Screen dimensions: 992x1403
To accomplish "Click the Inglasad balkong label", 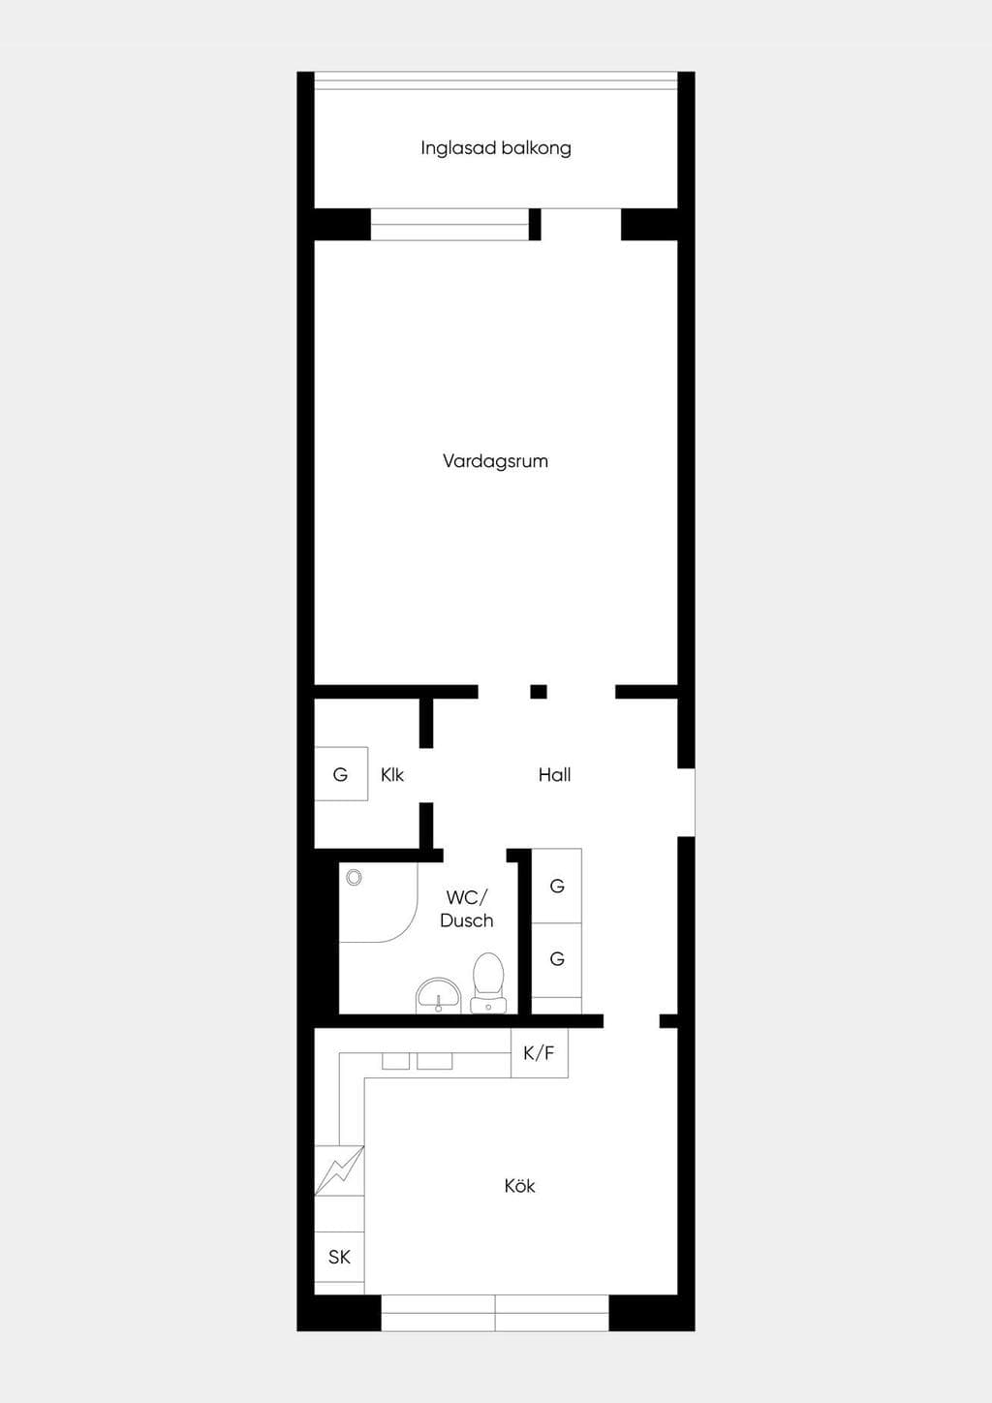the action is click(x=495, y=148).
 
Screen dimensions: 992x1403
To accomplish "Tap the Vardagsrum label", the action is click(x=495, y=461).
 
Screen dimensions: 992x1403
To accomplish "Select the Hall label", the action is click(x=554, y=775).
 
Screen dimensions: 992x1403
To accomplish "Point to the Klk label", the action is click(x=392, y=775).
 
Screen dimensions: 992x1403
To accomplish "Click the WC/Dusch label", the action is click(x=467, y=909).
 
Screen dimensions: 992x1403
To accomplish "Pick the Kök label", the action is click(x=520, y=1186).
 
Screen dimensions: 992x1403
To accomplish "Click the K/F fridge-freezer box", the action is click(x=540, y=1053).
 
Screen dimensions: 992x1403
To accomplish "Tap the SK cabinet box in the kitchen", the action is click(x=339, y=1257).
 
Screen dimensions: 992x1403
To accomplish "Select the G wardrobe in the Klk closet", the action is click(x=341, y=774).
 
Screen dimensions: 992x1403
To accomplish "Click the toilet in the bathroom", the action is click(x=488, y=982).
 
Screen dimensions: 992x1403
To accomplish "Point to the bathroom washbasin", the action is click(x=439, y=996).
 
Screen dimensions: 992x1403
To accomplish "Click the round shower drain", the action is click(x=354, y=878).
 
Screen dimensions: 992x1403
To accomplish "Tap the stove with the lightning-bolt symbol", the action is click(x=339, y=1170).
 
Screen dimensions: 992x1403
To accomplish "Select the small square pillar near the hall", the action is click(x=539, y=692).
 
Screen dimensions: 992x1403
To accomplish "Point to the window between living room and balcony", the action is click(x=449, y=224).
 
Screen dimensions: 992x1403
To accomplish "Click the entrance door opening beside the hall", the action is click(x=687, y=802).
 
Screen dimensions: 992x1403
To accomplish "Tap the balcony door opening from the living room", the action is click(x=581, y=224).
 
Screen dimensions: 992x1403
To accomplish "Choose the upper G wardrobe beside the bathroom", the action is click(x=557, y=887).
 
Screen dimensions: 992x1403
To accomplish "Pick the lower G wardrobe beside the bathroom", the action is click(x=557, y=959).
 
